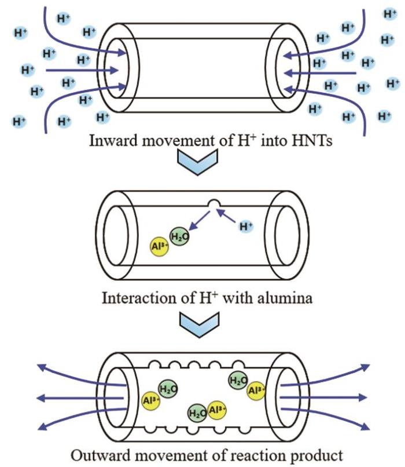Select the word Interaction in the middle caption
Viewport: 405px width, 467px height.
click(131, 300)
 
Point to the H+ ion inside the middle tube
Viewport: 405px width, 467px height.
click(247, 225)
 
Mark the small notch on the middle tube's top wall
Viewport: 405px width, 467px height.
click(215, 205)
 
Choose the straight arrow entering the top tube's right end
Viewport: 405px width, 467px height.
click(321, 73)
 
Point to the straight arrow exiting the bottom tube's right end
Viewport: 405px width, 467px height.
click(324, 398)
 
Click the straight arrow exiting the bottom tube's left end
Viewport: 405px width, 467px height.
click(81, 398)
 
